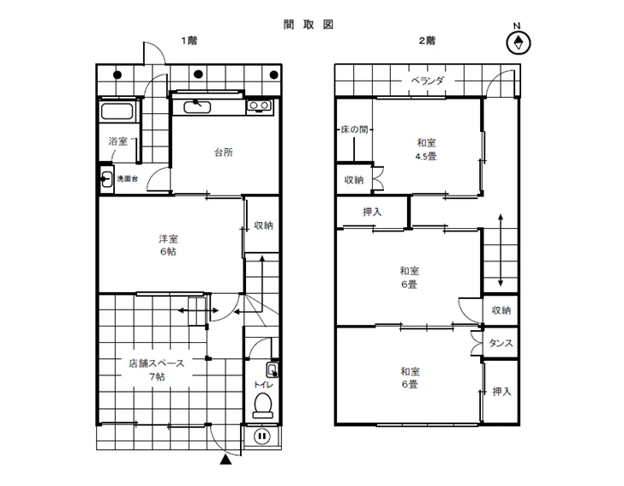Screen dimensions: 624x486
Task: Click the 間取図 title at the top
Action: pos(309,25)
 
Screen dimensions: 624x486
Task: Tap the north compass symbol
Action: pos(518,43)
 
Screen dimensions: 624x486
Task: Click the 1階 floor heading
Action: pos(189,40)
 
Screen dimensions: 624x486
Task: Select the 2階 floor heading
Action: pos(427,40)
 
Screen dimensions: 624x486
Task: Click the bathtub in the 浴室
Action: pos(117,111)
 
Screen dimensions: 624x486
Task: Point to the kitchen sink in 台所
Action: pos(197,106)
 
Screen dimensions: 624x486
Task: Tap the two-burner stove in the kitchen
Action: pos(259,106)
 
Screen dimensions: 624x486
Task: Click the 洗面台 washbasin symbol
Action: pos(106,179)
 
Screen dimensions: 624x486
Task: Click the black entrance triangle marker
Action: pos(225,459)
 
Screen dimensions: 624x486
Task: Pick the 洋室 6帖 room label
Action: pos(168,245)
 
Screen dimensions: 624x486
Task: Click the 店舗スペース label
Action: pos(156,363)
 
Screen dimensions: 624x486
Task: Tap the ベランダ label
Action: pos(428,81)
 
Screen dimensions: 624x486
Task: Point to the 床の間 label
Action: pos(355,129)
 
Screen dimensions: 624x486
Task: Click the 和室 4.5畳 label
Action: pos(426,149)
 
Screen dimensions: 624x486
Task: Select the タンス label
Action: pos(501,343)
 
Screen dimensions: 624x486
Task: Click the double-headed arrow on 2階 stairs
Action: pos(501,250)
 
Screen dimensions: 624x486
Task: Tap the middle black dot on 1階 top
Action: pos(198,74)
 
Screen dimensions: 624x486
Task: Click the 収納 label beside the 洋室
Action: pos(264,225)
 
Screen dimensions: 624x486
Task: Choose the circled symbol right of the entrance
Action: pos(262,435)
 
